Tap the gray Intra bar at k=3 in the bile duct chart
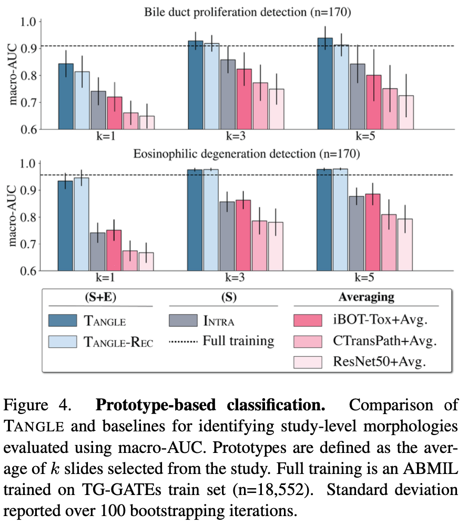tap(228, 94)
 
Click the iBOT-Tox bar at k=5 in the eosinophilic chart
tap(373, 232)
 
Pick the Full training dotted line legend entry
tap(221, 341)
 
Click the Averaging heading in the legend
tap(367, 297)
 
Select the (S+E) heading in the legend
tap(99, 297)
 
